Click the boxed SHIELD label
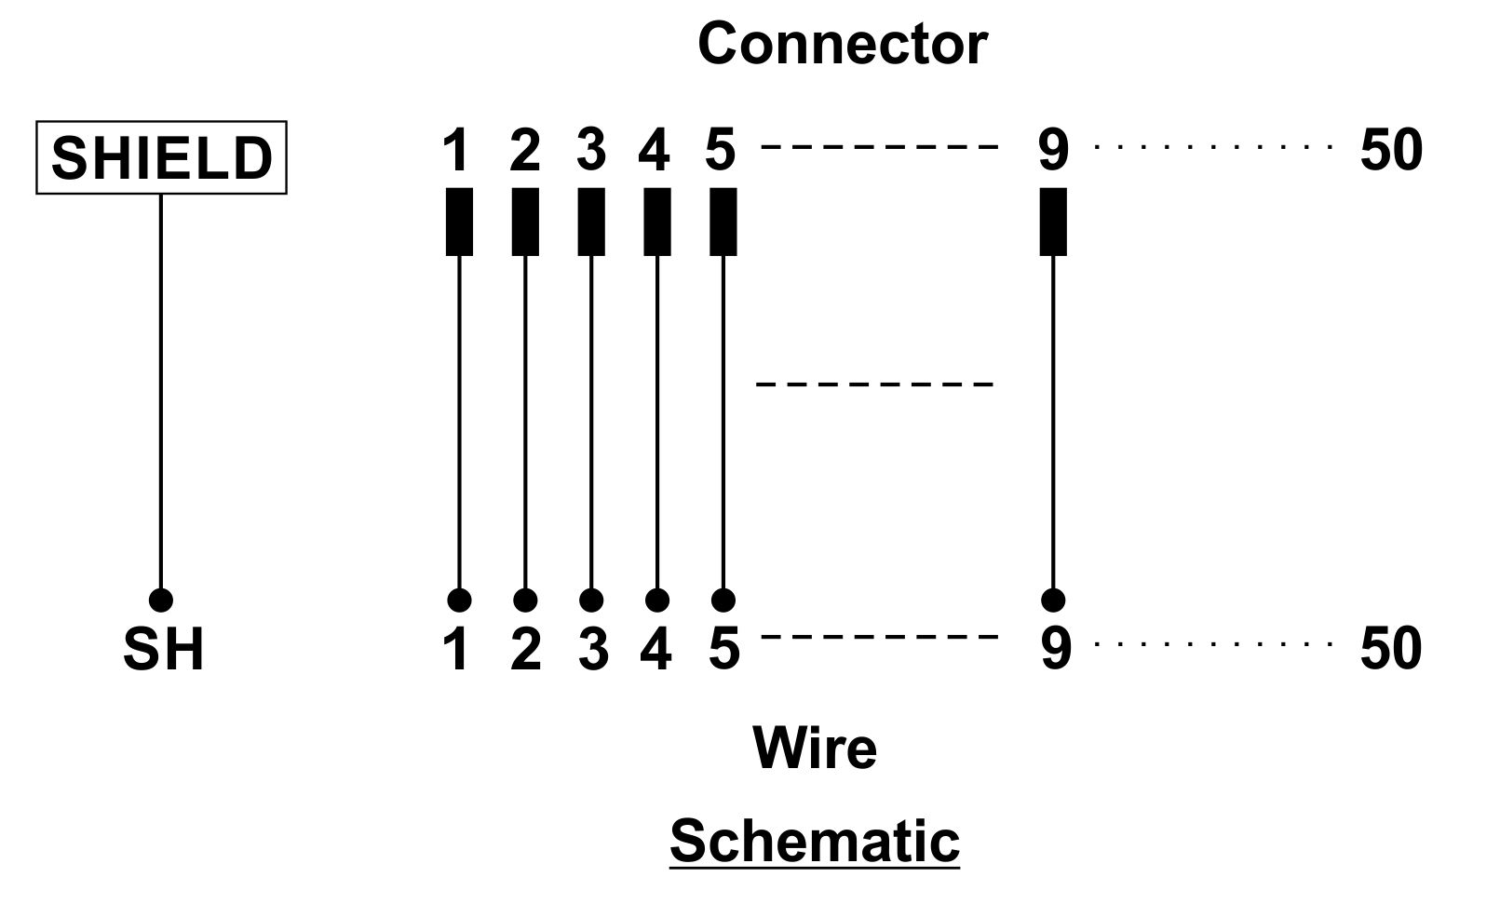click(161, 157)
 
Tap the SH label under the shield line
click(163, 649)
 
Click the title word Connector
click(843, 44)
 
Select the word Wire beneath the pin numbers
click(815, 748)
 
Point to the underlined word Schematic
click(815, 841)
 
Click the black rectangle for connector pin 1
click(459, 222)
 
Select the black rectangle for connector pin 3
click(591, 222)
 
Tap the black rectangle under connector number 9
click(1053, 222)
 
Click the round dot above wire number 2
click(525, 600)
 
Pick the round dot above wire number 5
click(723, 600)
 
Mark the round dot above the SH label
click(161, 600)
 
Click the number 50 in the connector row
click(1391, 150)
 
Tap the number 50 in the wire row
click(1391, 648)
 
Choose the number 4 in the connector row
click(655, 149)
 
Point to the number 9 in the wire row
click(1056, 648)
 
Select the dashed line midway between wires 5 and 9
click(874, 385)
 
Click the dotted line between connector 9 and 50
click(1213, 146)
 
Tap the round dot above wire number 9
click(1053, 600)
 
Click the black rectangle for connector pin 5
click(723, 222)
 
